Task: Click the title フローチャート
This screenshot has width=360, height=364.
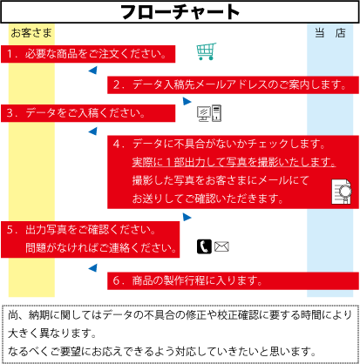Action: click(x=180, y=12)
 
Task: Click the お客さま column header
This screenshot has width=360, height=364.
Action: click(x=31, y=33)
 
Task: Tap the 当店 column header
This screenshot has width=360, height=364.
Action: click(x=330, y=33)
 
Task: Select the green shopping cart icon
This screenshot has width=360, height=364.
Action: click(x=207, y=51)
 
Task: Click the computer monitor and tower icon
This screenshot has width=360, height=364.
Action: click(x=209, y=113)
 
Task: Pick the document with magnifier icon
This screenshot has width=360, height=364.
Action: click(x=342, y=192)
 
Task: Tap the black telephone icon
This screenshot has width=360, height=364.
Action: click(x=204, y=246)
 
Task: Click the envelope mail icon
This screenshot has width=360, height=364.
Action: click(x=221, y=246)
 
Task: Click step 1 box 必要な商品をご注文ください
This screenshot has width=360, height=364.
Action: click(x=88, y=54)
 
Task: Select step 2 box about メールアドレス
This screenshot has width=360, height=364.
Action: click(x=233, y=84)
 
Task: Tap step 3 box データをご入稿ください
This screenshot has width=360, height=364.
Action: click(x=88, y=113)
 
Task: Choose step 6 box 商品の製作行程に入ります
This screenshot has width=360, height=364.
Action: click(x=233, y=280)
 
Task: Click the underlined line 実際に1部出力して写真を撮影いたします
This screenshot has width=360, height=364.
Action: click(x=234, y=162)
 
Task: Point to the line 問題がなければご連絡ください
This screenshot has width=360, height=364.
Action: click(x=101, y=248)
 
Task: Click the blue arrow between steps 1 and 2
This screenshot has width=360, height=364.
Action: click(x=92, y=71)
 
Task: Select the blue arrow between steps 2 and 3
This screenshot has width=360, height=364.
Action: click(x=187, y=101)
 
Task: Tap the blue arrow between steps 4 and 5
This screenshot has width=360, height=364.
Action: click(x=187, y=217)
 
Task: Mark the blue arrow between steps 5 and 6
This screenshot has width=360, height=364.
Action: click(x=92, y=268)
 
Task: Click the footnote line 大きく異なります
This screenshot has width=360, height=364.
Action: click(x=51, y=333)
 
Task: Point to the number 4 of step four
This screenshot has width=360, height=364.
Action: click(x=117, y=144)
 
